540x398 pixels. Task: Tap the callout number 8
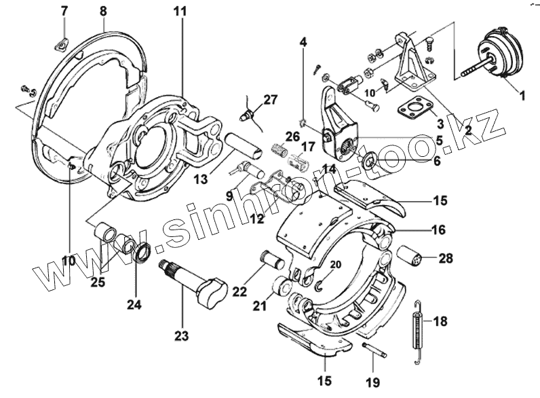pyautogui.click(x=104, y=11)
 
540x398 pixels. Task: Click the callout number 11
pyautogui.click(x=178, y=12)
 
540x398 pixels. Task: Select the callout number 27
pyautogui.click(x=271, y=100)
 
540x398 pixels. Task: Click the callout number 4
pyautogui.click(x=303, y=42)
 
